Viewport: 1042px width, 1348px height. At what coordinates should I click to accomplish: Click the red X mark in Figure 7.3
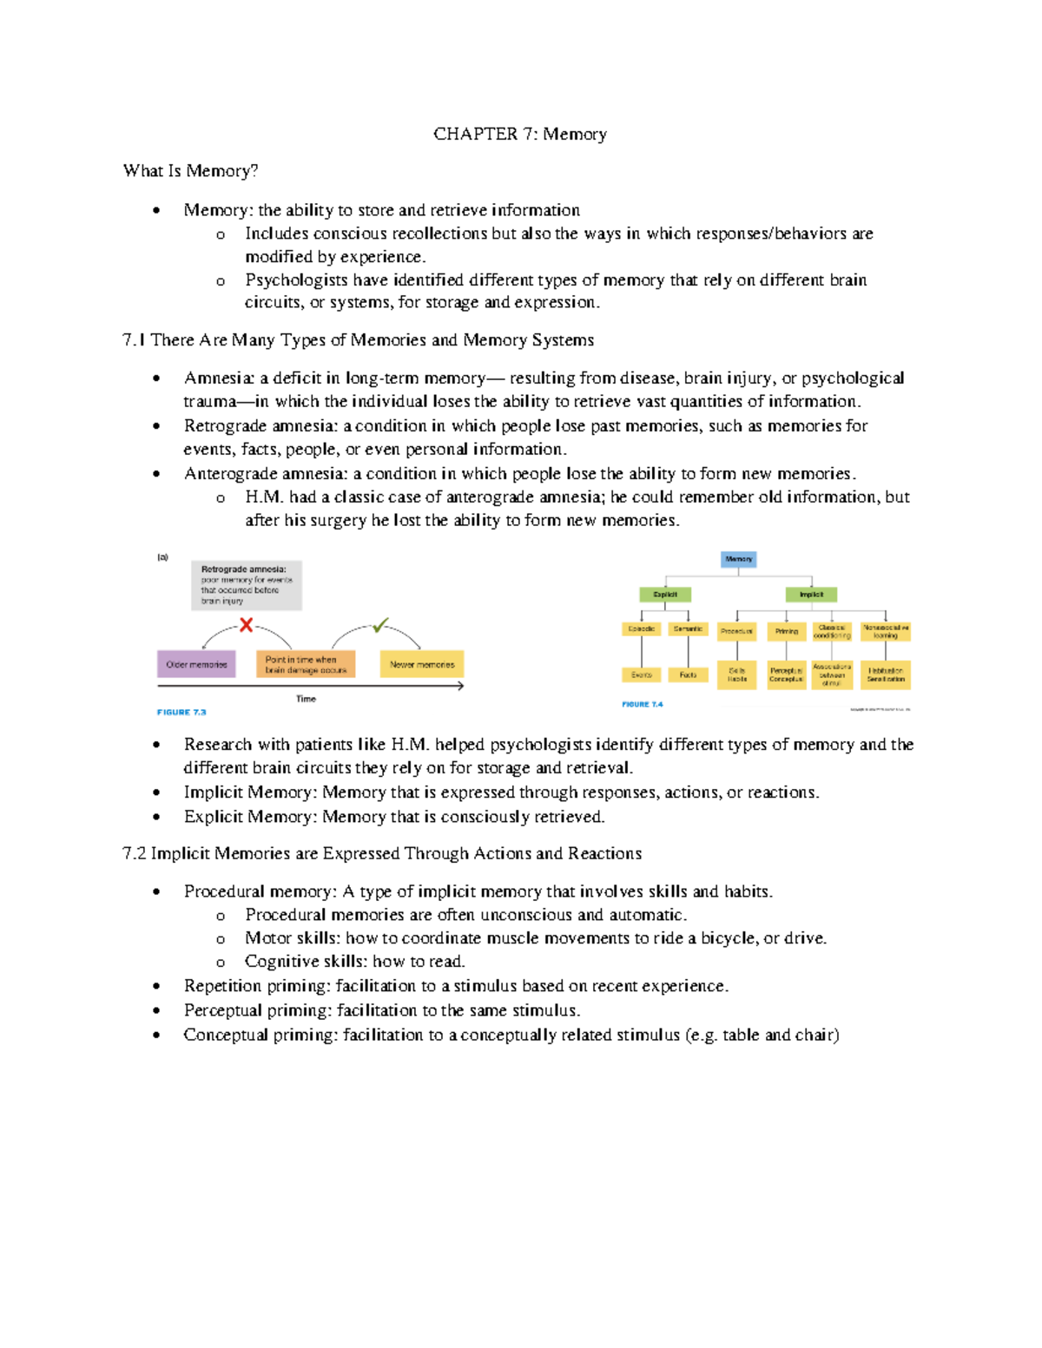coord(247,625)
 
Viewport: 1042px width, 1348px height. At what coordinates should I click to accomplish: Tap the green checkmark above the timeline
coord(380,625)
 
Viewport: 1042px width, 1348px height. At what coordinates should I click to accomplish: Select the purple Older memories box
coord(196,664)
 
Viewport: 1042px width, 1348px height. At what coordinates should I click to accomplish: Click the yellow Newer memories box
coord(422,664)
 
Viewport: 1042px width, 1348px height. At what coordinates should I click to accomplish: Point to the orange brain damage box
coord(306,664)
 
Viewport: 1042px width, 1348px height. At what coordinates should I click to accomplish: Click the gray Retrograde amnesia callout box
coord(247,585)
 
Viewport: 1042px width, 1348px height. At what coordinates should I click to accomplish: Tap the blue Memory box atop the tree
coord(739,559)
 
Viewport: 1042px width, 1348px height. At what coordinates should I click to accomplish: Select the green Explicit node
coord(665,595)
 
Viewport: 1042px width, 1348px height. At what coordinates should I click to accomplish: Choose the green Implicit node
coord(811,595)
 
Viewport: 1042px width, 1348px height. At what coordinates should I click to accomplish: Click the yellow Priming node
coord(787,631)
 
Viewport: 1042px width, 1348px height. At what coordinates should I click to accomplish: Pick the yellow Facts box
coord(688,674)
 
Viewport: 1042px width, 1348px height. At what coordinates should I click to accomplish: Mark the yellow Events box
coord(642,674)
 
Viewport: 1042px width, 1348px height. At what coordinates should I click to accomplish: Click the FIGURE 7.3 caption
coord(181,712)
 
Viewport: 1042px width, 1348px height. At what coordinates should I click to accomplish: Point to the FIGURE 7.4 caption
coord(643,704)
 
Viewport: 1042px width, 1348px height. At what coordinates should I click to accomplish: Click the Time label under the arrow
coord(307,699)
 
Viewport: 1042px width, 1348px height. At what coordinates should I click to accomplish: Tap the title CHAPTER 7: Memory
coord(520,134)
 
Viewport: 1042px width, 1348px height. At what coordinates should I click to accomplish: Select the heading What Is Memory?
coord(190,171)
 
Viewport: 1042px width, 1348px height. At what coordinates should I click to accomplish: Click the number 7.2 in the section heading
coord(135,853)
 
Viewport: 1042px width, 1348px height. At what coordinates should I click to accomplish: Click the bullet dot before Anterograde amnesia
coord(156,474)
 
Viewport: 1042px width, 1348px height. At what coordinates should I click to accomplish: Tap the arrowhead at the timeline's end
coord(460,686)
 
